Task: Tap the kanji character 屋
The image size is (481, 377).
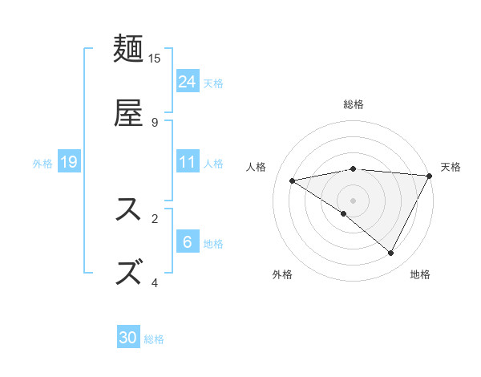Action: click(x=129, y=112)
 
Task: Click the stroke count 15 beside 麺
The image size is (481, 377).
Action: click(x=155, y=59)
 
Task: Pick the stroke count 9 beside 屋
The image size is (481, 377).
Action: click(x=155, y=122)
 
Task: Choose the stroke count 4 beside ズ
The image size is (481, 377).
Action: click(x=155, y=282)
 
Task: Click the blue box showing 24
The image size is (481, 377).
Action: click(x=188, y=82)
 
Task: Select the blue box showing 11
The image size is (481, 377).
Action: click(x=188, y=162)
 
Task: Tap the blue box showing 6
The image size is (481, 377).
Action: click(x=188, y=242)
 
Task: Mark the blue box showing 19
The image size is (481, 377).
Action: click(x=69, y=162)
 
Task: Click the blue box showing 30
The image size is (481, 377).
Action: click(x=128, y=338)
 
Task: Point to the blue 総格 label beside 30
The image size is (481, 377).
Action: click(x=154, y=339)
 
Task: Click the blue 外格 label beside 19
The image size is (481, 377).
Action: click(x=42, y=164)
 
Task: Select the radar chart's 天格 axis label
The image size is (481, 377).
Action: click(x=451, y=167)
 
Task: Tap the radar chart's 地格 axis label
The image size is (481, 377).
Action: click(x=420, y=274)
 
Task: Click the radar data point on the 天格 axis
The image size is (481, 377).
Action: click(x=430, y=176)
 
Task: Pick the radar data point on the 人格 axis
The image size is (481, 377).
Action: click(x=293, y=180)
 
